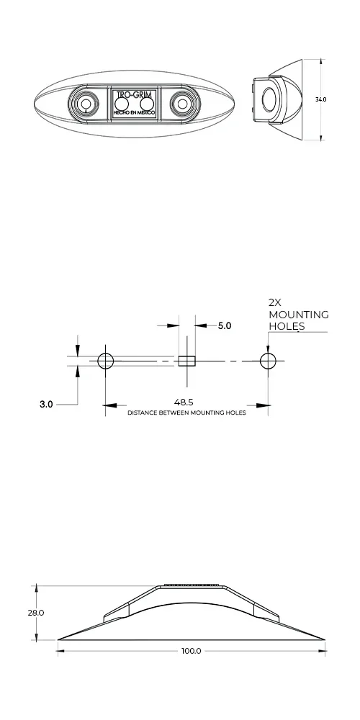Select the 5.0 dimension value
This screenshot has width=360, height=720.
click(x=225, y=326)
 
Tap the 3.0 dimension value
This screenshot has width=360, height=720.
click(x=45, y=405)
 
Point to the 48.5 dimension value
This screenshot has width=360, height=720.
click(x=186, y=403)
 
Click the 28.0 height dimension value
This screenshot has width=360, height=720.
click(x=35, y=613)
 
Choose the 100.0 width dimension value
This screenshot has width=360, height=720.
click(x=191, y=651)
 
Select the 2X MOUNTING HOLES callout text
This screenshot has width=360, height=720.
click(x=297, y=315)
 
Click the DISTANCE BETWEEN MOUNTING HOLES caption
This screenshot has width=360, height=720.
click(x=186, y=413)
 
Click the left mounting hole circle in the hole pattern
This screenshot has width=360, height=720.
click(x=105, y=360)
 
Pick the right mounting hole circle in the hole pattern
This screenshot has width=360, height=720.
click(x=268, y=360)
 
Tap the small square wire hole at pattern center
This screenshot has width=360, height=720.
click(x=187, y=360)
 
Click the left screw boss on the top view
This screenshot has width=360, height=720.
click(x=86, y=104)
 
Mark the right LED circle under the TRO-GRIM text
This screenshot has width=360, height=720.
click(x=148, y=105)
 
